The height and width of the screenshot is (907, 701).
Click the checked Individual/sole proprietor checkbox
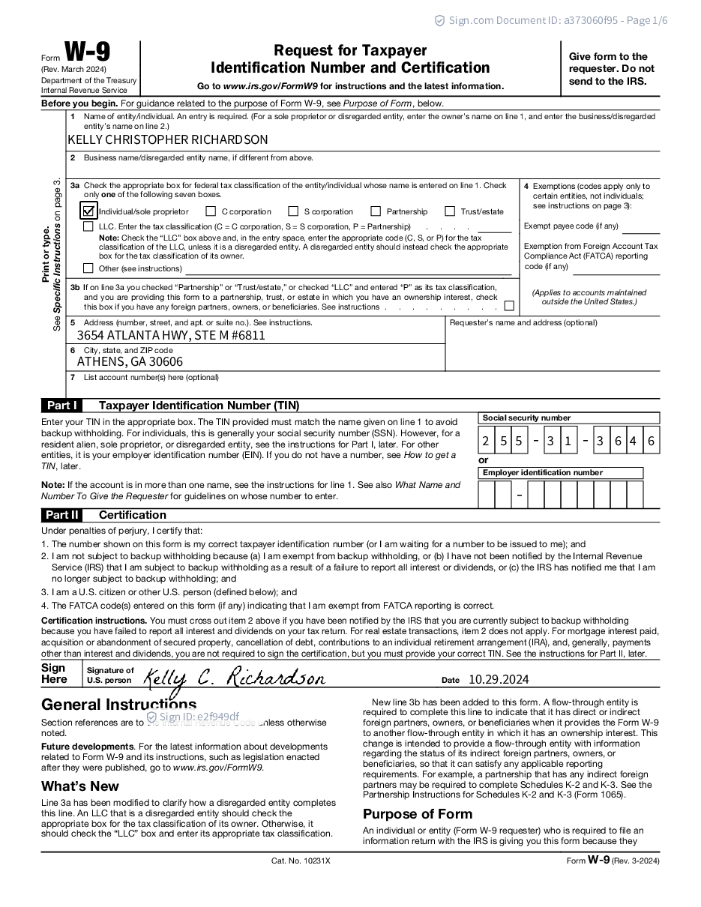coord(88,211)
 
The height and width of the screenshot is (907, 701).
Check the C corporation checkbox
coord(211,211)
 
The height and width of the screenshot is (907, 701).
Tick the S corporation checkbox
coord(293,211)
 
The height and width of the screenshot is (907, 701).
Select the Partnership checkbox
coord(376,211)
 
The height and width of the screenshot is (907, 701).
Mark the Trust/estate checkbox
coord(450,211)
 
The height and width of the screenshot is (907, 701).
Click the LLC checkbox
coord(88,226)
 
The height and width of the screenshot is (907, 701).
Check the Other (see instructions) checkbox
coord(88,268)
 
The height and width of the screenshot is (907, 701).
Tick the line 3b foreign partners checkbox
coord(509,306)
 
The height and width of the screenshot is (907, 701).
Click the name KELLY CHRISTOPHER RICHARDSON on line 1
coord(167,140)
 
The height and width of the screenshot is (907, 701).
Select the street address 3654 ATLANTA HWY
coord(171,335)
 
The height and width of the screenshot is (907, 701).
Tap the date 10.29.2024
coord(499,679)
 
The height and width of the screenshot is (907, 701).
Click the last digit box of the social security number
coord(651,442)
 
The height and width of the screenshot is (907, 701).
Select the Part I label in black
coord(61,406)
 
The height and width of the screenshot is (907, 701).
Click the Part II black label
coord(61,515)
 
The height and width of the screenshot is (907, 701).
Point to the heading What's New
coord(80,786)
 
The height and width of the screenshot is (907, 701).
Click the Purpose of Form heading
coord(418,814)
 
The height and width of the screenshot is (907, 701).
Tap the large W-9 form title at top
coord(87,52)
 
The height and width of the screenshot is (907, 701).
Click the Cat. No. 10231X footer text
coord(301,861)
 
